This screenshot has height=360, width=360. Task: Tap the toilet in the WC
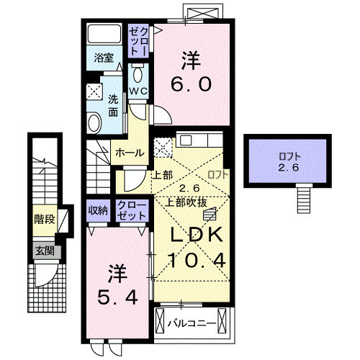pyautogui.click(x=138, y=74)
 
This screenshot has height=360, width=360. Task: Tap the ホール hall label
pyautogui.click(x=128, y=153)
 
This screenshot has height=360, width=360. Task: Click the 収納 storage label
pyautogui.click(x=98, y=210)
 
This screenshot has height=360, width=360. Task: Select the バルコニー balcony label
pyautogui.click(x=192, y=323)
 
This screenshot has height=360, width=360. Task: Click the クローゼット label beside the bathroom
pyautogui.click(x=138, y=41)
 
